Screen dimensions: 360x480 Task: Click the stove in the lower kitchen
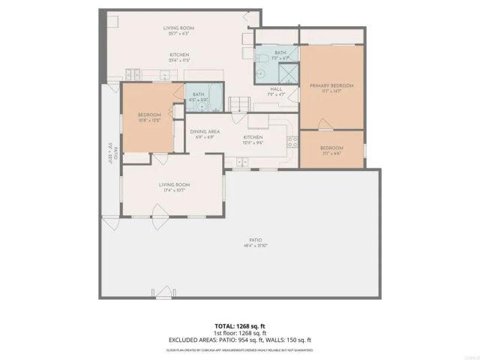tap(244, 161)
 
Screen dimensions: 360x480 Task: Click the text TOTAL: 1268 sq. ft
tap(241, 325)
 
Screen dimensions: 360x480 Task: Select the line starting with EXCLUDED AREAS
tap(241, 338)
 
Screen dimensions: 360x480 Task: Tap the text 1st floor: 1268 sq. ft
tap(241, 332)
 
